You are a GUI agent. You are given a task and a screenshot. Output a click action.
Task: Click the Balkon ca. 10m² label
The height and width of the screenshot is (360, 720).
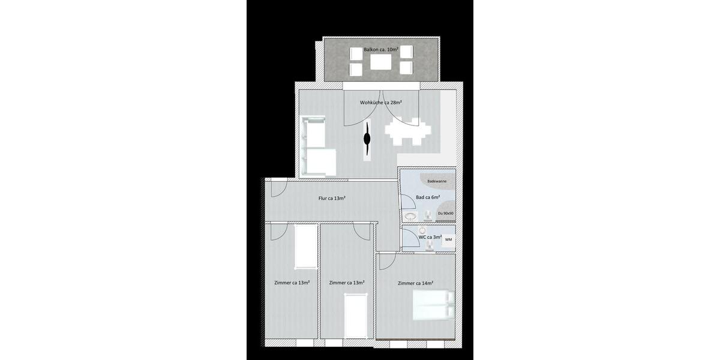point(382,49)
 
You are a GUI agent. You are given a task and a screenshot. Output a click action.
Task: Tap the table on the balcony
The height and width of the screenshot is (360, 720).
point(382,62)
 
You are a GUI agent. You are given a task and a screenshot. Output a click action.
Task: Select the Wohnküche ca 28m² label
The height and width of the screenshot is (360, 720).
point(380,103)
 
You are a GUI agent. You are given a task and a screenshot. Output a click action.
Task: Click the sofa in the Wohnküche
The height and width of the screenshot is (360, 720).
point(314,147)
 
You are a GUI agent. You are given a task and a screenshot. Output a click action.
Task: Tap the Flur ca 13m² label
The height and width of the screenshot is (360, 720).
point(331,198)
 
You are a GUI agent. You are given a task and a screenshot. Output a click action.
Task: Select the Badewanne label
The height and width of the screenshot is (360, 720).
point(437,181)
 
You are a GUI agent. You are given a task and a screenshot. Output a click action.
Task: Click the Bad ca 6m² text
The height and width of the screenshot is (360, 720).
point(428,197)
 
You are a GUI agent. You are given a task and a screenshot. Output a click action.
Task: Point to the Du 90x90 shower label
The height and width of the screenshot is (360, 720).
point(445,213)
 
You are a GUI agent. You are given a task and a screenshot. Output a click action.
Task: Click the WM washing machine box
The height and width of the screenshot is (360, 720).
point(448,239)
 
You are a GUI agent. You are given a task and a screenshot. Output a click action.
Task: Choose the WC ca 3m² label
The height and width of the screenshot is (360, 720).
point(430,237)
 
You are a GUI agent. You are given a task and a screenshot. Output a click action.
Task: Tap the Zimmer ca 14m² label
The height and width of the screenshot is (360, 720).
point(415,283)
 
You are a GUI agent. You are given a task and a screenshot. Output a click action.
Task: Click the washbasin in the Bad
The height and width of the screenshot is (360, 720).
point(411,215)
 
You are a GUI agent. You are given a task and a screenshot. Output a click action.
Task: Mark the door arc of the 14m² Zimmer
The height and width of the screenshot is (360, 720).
point(386,261)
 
